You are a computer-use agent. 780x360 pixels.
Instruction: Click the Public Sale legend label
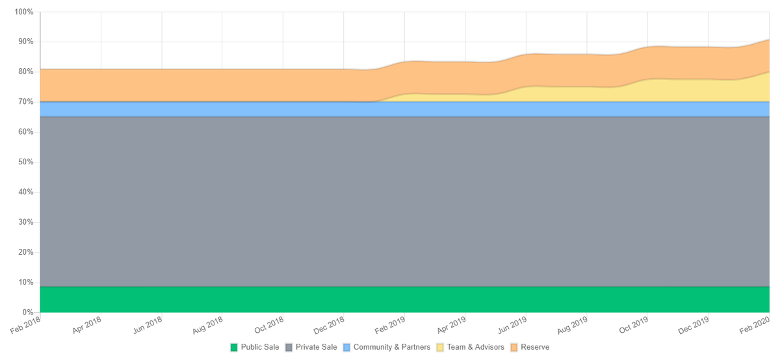click(260, 347)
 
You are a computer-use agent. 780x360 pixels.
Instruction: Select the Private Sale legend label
click(316, 347)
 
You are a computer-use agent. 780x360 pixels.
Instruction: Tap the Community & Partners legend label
click(391, 347)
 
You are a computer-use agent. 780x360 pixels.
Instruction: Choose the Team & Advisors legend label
click(475, 347)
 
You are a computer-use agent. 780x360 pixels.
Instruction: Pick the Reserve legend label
click(535, 347)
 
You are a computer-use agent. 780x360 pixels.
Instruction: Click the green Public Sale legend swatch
click(234, 347)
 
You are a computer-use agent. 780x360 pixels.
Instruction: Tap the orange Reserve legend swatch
click(514, 347)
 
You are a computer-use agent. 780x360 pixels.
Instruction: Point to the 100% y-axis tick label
click(23, 12)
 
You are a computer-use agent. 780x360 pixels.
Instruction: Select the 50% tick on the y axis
click(25, 162)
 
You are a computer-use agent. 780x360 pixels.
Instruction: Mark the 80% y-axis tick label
click(25, 72)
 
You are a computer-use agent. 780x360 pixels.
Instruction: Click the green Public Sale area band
click(390, 300)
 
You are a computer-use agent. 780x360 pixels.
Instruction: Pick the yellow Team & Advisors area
click(715, 90)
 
